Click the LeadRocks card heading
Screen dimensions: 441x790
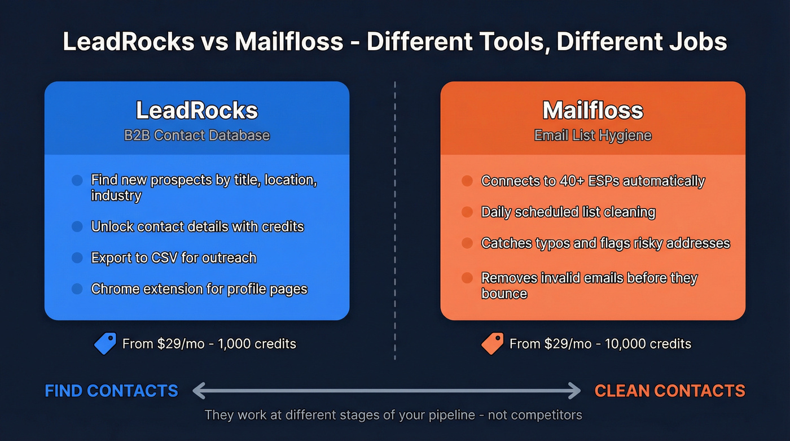(196, 110)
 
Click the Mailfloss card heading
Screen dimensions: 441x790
(592, 110)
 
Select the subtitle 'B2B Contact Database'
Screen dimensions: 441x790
(196, 136)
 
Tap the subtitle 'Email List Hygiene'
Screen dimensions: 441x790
(592, 136)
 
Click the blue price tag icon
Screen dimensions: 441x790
(106, 343)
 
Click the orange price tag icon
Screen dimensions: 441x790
(493, 343)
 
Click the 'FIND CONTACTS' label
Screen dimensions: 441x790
(111, 391)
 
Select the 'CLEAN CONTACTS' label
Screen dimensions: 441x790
(670, 391)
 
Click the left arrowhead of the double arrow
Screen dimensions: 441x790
(198, 390)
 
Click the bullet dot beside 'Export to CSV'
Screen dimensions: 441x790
(77, 258)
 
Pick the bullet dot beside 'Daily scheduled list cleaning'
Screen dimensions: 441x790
(467, 212)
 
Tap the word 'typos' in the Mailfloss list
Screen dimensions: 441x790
(542, 243)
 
